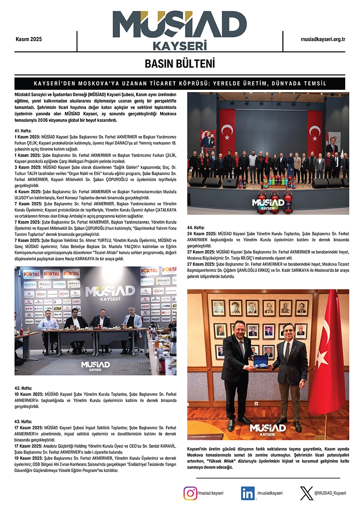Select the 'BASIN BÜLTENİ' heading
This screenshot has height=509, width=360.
click(x=180, y=64)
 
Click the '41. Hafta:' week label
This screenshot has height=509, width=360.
click(x=23, y=131)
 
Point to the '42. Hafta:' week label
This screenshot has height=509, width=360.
click(x=23, y=388)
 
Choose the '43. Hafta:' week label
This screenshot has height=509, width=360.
click(x=23, y=422)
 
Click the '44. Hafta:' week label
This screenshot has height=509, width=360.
click(x=196, y=228)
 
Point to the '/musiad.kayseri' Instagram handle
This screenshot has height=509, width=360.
click(x=210, y=493)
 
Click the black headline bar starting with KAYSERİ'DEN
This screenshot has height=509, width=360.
click(x=180, y=83)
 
